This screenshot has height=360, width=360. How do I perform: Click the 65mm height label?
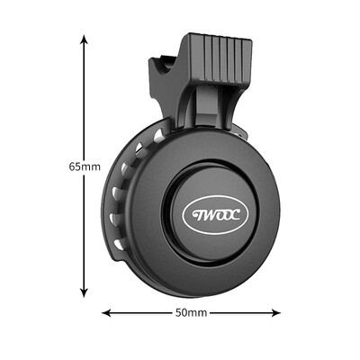click(85, 166)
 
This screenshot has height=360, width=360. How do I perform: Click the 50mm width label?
click(191, 313)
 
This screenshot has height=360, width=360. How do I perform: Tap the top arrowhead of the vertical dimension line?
click(85, 39)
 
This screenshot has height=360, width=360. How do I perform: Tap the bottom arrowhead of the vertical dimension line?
click(85, 293)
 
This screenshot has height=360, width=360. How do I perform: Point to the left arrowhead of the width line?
click(106, 313)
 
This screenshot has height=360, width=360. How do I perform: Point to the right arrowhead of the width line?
click(276, 313)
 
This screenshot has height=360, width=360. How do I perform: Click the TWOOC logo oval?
click(215, 215)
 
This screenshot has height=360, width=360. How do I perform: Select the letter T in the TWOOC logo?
click(196, 215)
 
